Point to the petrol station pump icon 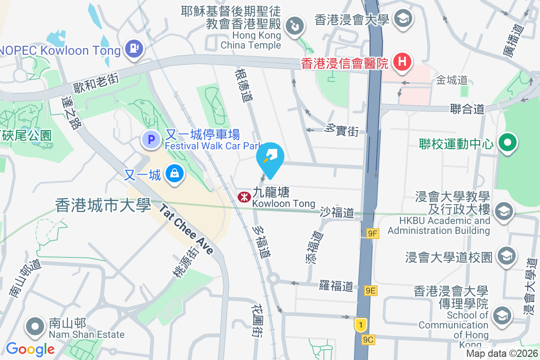[134, 48]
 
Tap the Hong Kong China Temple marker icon [295, 24]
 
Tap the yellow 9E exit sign [370, 291]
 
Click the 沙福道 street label [337, 213]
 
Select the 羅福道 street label [336, 286]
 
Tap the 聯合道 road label [467, 109]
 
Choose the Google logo [30, 349]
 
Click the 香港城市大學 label [103, 205]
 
